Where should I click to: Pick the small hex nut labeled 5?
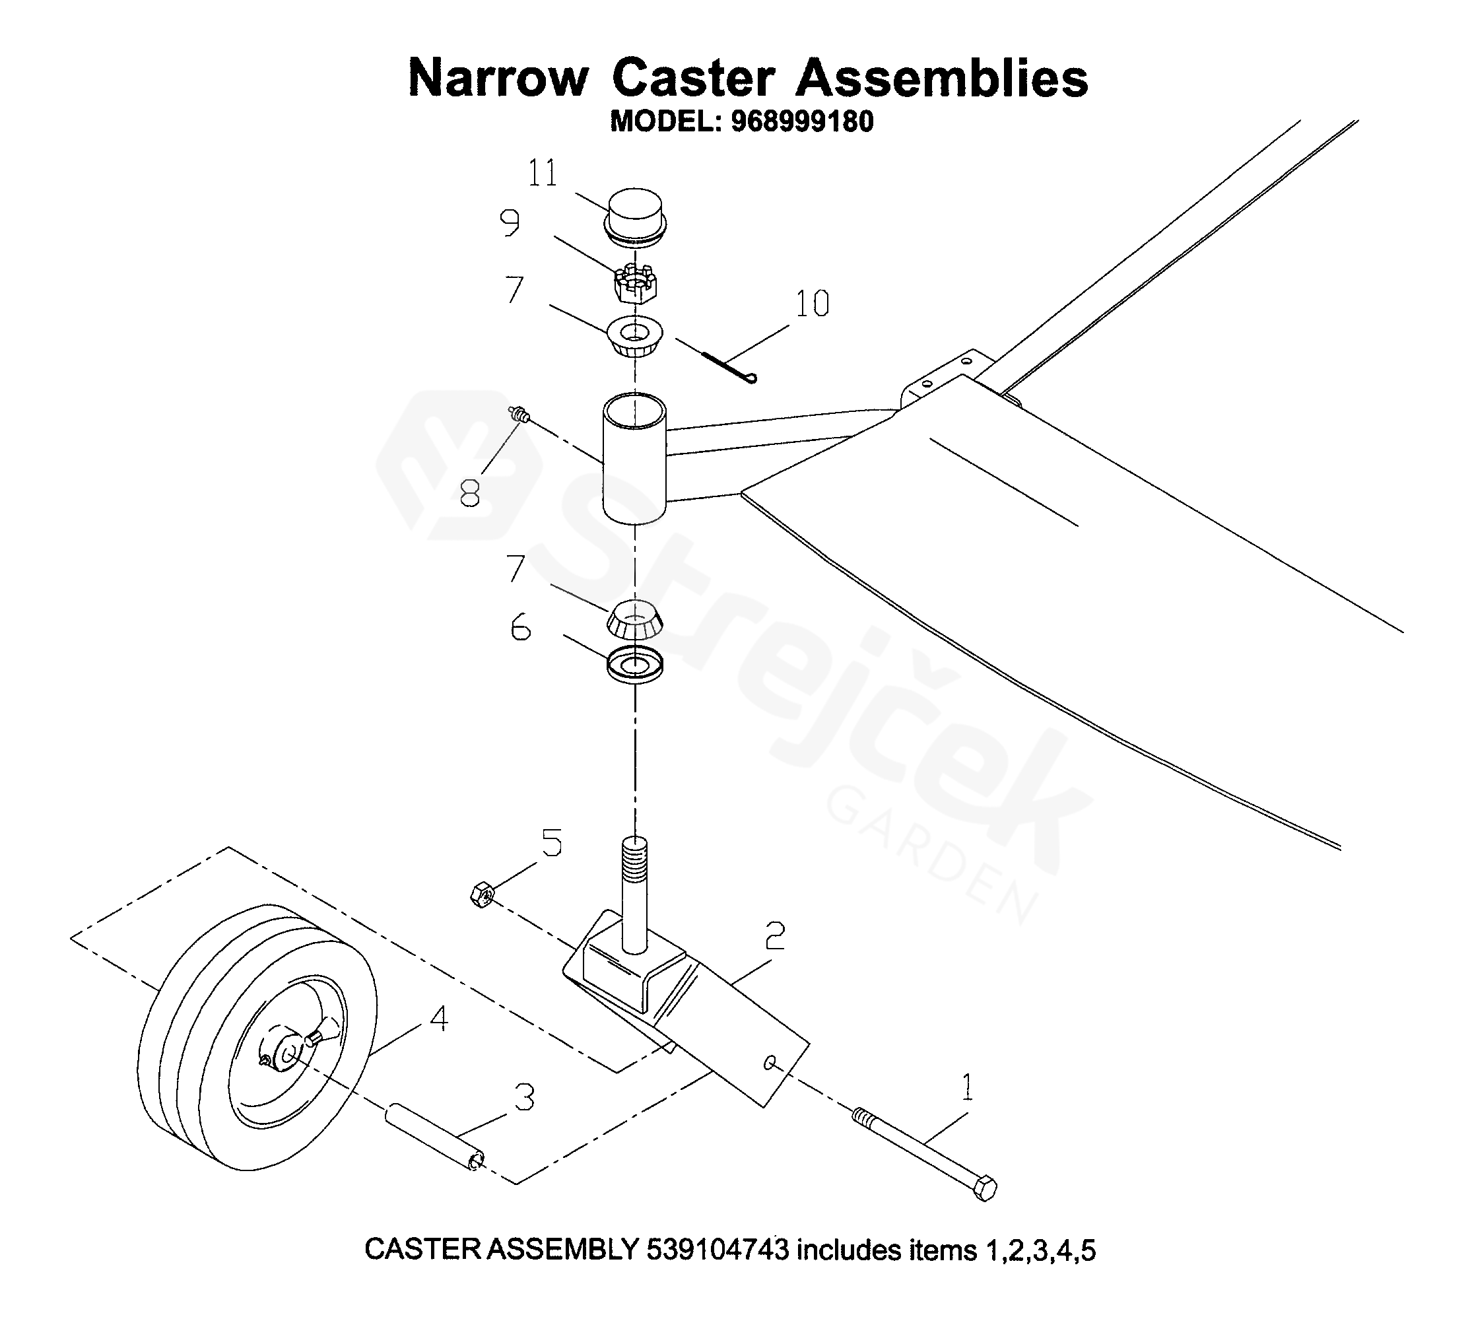[x=482, y=896]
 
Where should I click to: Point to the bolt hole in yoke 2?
[x=769, y=1063]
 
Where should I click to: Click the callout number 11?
[x=543, y=174]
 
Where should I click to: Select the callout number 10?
[x=812, y=304]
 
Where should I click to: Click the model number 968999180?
[x=802, y=121]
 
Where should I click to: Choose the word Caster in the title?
[x=693, y=78]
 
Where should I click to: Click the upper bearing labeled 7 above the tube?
[x=634, y=337]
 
